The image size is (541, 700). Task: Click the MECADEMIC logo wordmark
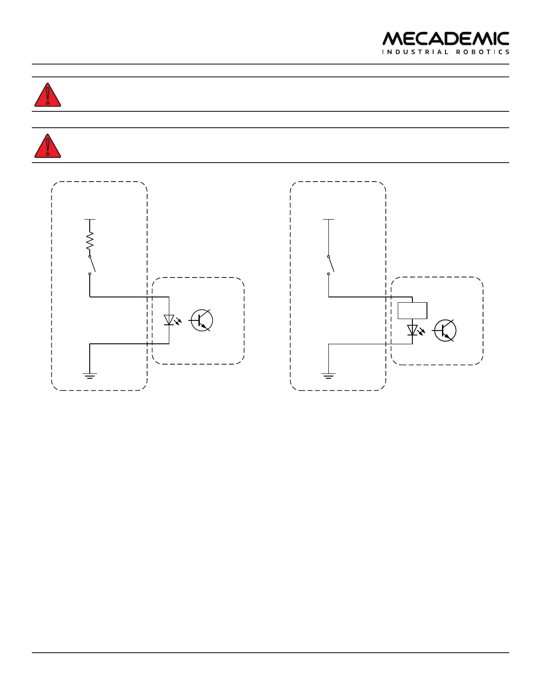[446, 39]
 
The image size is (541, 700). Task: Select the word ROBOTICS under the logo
[483, 52]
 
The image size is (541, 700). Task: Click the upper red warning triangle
[48, 95]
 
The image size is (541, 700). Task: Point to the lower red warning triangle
[48, 147]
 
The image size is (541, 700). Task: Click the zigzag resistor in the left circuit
[90, 241]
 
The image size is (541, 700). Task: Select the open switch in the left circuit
[91, 265]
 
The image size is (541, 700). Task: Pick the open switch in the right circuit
[330, 265]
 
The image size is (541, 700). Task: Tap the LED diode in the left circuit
[168, 320]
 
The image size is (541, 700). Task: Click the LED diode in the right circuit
[412, 330]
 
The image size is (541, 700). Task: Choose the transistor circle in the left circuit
[202, 320]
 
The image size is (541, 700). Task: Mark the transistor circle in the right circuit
[446, 331]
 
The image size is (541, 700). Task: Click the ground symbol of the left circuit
[90, 376]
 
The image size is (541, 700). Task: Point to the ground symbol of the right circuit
[328, 376]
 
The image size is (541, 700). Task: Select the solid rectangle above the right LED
[412, 310]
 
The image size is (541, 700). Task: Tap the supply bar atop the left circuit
[90, 219]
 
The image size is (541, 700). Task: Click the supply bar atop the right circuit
[328, 219]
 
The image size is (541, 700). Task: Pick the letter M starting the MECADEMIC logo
[392, 39]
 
